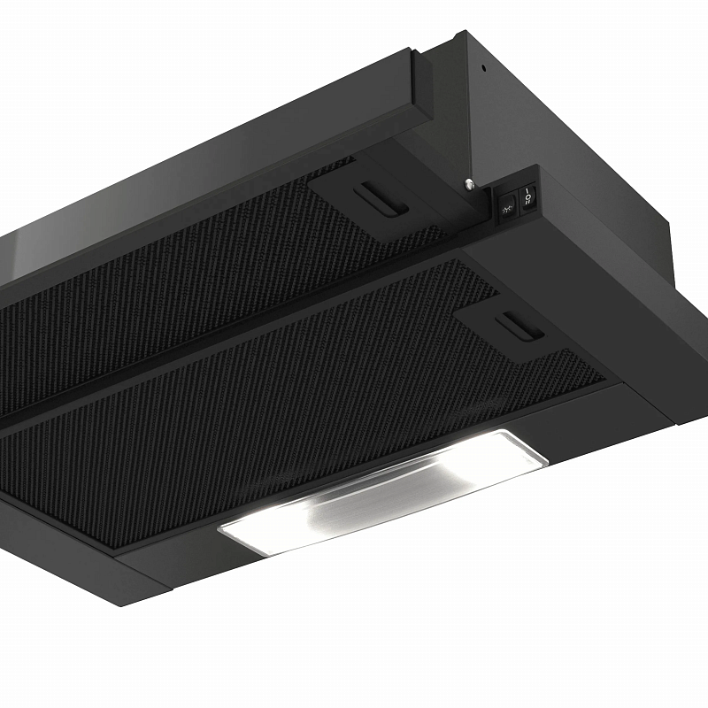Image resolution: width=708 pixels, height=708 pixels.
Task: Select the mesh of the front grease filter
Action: [x=265, y=416]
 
